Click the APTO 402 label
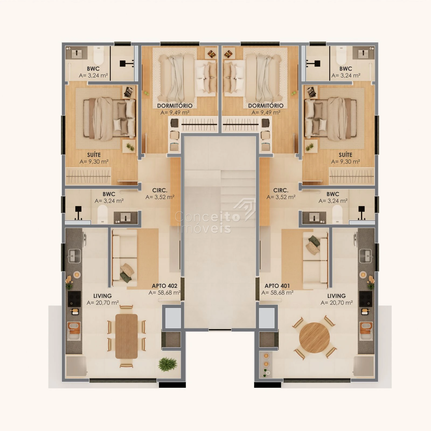(x=164, y=286)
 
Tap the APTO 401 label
(x=277, y=286)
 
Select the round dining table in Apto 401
(x=314, y=338)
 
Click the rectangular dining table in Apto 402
(x=126, y=336)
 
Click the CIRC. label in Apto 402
(x=160, y=190)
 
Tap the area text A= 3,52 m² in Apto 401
(x=281, y=197)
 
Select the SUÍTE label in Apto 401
(x=345, y=155)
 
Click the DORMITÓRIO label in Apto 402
(x=175, y=106)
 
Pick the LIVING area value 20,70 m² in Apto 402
(x=103, y=303)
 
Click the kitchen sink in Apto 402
(x=74, y=256)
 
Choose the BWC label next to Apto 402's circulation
(x=109, y=194)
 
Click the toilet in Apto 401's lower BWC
(x=337, y=214)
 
